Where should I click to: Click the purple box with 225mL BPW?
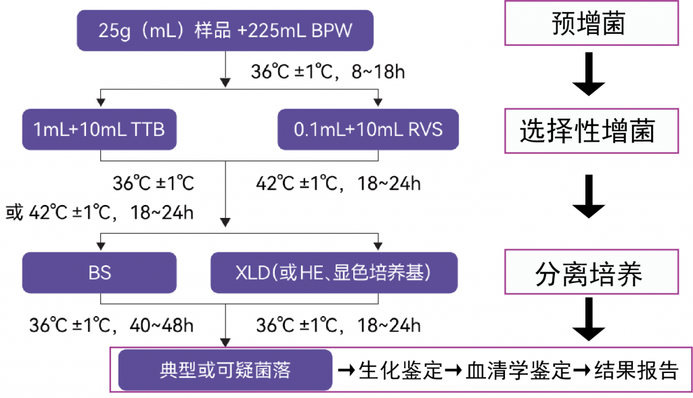[x=225, y=30]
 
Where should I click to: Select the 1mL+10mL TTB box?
[x=99, y=129]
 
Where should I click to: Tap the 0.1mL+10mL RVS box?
[x=368, y=129]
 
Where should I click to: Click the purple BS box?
[x=99, y=272]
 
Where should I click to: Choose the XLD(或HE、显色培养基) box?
[x=334, y=272]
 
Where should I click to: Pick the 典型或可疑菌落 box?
[x=225, y=370]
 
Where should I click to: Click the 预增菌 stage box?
[x=591, y=23]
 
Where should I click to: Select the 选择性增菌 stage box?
[x=591, y=131]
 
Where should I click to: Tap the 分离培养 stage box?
[x=591, y=272]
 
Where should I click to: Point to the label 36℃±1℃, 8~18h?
[x=328, y=72]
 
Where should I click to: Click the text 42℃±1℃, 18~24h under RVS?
[x=338, y=183]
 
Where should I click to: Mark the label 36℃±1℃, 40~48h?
[x=112, y=326]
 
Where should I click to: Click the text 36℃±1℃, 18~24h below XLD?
[x=338, y=326]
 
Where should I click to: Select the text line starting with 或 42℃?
[x=99, y=213]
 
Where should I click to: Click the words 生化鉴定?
[x=401, y=370]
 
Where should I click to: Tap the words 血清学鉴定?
[x=518, y=370]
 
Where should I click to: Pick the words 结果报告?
[x=636, y=370]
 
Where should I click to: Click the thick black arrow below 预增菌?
[x=589, y=74]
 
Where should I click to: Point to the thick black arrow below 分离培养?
[x=589, y=319]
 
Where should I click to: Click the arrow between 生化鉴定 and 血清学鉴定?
[x=454, y=370]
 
